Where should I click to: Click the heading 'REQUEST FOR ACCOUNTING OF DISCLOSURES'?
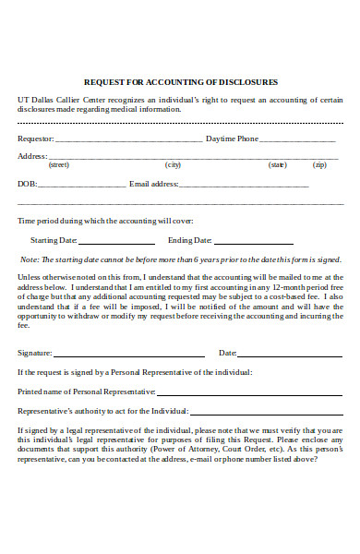[x=181, y=81]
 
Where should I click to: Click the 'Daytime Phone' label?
[x=232, y=138]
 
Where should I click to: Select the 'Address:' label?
[x=32, y=156]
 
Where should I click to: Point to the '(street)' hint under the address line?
[x=59, y=165]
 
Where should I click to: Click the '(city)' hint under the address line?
[x=173, y=165]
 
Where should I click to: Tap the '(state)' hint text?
[x=277, y=165]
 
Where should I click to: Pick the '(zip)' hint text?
[x=319, y=165]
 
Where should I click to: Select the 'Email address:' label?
[x=153, y=184]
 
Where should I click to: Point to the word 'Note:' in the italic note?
[x=30, y=259]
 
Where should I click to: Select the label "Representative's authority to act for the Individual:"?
[x=103, y=410]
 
